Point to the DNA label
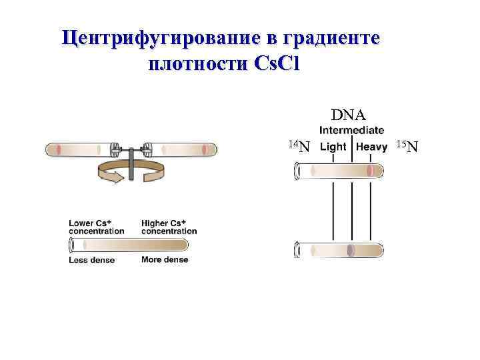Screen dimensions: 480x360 [x=348, y=115]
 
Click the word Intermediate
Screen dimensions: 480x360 [x=351, y=130]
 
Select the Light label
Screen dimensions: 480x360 [x=333, y=147]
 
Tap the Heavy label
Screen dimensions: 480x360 [x=372, y=147]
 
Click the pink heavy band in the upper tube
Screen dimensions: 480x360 [x=371, y=171]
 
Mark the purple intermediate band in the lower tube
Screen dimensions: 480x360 [x=351, y=250]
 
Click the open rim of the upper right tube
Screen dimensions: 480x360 [x=297, y=171]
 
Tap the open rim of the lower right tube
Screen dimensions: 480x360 [x=297, y=250]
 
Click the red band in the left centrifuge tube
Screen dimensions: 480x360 [x=59, y=149]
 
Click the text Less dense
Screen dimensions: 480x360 [x=91, y=260]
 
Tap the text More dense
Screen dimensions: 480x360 [x=165, y=259]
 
